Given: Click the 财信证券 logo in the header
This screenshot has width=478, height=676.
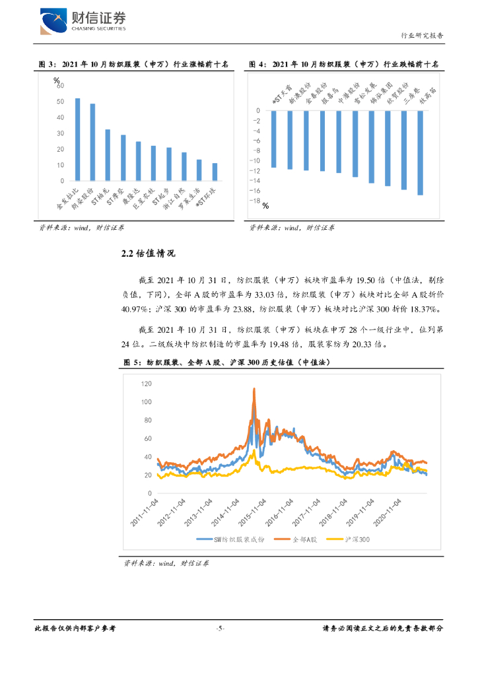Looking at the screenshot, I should [x=83, y=21].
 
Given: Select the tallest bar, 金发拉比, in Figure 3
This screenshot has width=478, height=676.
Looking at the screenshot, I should [x=77, y=139].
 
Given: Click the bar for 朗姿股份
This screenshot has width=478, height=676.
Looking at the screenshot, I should [x=92, y=142].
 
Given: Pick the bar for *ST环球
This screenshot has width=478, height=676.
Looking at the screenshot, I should [x=215, y=172].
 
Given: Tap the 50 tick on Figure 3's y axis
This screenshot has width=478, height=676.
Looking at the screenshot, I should [x=60, y=102].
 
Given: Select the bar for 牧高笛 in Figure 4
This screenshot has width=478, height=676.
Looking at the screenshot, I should [x=420, y=152].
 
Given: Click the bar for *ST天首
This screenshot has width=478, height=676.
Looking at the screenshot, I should [x=273, y=139].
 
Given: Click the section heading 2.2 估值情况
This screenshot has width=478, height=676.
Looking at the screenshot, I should [x=149, y=254].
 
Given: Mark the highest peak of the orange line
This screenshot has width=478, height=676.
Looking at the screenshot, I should [x=254, y=389].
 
